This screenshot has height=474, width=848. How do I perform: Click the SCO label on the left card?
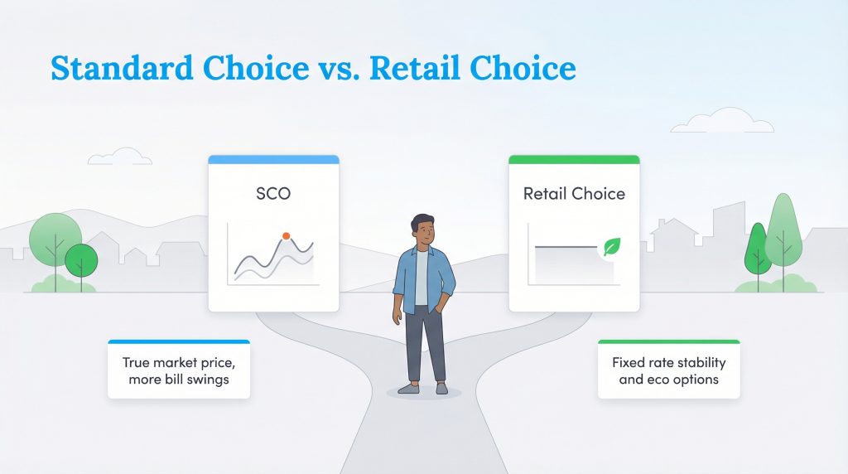273,195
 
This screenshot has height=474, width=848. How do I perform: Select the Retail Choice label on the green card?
574,195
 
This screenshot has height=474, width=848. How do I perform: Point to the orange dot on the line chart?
286,236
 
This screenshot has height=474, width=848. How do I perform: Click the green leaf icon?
613,246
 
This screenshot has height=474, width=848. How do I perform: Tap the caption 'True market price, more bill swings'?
179,370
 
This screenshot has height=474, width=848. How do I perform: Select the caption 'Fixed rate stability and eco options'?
668,370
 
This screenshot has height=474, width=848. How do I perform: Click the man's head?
422,230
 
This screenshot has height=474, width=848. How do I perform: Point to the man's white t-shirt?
422,278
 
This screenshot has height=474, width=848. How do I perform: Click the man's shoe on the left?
409,387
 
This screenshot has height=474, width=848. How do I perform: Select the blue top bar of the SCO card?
273,159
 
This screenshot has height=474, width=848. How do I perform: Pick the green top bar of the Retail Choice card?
574,159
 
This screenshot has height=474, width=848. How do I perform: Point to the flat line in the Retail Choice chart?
567,247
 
